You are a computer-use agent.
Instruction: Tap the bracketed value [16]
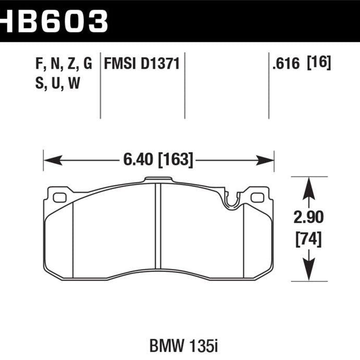pyautogui.click(x=318, y=64)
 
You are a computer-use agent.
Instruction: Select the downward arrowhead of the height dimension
pyautogui.click(x=308, y=273)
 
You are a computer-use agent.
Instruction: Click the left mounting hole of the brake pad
pyautogui.click(x=59, y=197)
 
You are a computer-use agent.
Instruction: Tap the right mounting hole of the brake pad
pyautogui.click(x=257, y=197)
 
